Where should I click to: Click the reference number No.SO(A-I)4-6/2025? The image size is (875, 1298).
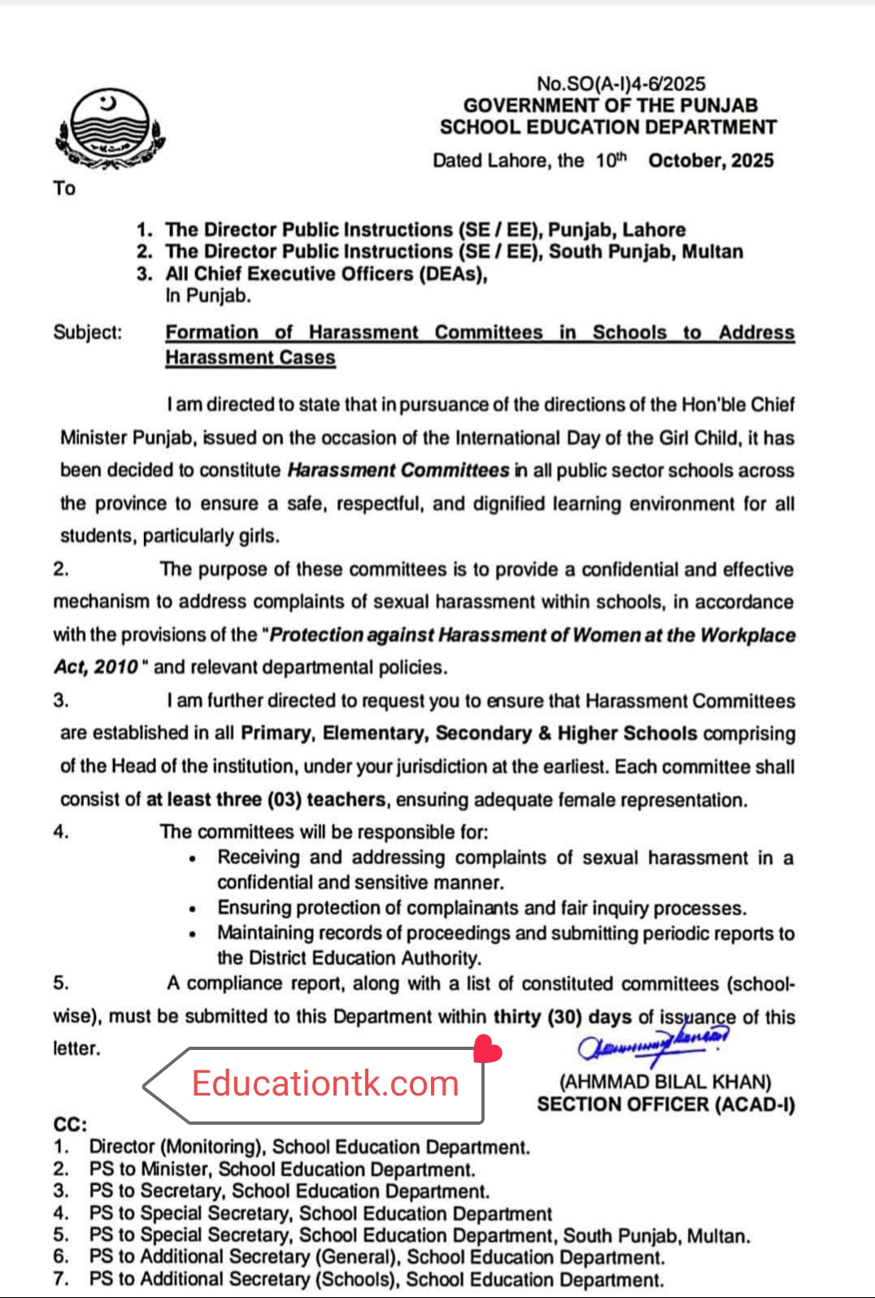click(620, 83)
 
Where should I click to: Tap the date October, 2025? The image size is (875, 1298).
click(711, 160)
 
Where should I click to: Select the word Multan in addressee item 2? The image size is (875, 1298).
click(712, 251)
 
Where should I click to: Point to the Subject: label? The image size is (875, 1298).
click(88, 332)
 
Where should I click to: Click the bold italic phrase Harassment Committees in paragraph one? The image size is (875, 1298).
click(398, 470)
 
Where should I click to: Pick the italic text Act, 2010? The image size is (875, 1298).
click(96, 667)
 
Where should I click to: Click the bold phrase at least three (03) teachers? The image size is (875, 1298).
click(265, 799)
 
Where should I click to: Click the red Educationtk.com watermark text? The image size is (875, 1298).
click(325, 1084)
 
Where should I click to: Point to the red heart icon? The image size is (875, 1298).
click(487, 1049)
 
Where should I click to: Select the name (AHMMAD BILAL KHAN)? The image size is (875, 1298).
click(665, 1082)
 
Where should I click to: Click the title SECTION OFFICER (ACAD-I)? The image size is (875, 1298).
click(665, 1104)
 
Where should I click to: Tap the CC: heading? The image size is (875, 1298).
click(70, 1125)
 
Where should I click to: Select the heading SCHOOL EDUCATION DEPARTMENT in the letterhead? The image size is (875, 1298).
click(607, 127)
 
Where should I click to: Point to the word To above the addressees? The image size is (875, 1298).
click(64, 189)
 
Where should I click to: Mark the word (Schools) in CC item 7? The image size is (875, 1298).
click(358, 1279)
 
